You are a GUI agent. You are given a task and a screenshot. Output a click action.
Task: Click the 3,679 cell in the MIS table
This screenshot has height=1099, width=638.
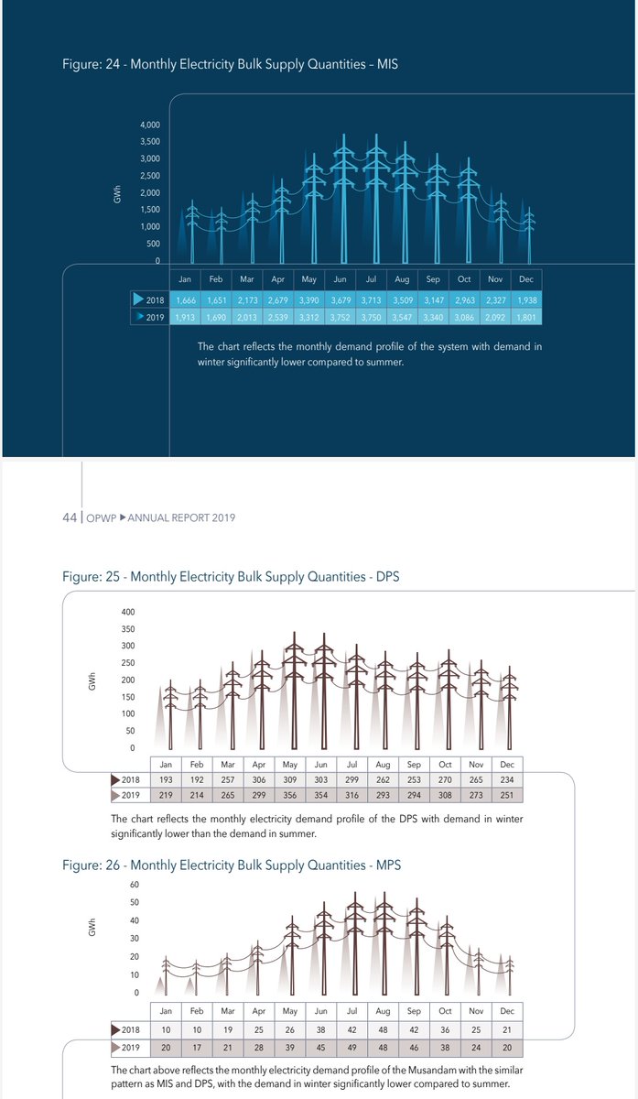point(340,300)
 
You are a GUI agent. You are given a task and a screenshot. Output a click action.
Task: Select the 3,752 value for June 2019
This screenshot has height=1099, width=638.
point(340,317)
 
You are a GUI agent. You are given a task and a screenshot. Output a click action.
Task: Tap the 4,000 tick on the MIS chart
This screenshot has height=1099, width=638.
point(150,125)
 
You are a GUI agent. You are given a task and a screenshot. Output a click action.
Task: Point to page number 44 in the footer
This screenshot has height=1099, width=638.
point(69,517)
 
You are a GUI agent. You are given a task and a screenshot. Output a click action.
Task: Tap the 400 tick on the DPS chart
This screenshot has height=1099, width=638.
point(128,612)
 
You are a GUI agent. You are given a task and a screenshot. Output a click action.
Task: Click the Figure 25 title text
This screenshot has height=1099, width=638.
point(231,577)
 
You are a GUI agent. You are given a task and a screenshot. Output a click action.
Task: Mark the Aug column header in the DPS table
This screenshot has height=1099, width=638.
point(384,764)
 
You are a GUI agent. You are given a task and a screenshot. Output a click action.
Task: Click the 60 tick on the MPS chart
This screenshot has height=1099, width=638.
point(134,885)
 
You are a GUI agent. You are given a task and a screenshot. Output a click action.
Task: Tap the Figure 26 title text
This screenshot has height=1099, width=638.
point(232,865)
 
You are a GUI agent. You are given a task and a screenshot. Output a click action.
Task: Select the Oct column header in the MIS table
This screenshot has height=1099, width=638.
point(464,279)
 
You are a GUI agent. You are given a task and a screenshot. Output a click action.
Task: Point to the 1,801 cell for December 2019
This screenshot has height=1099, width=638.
point(526,317)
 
